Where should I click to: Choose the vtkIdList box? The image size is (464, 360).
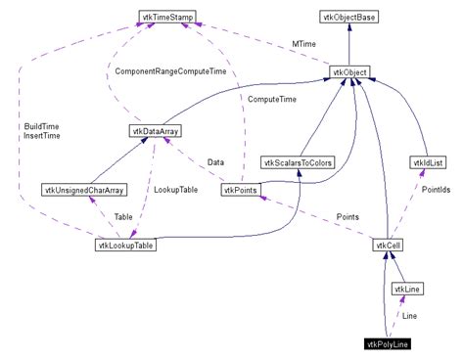click(x=429, y=161)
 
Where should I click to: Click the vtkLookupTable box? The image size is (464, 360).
click(x=125, y=245)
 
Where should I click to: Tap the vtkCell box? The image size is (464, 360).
click(x=388, y=245)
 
